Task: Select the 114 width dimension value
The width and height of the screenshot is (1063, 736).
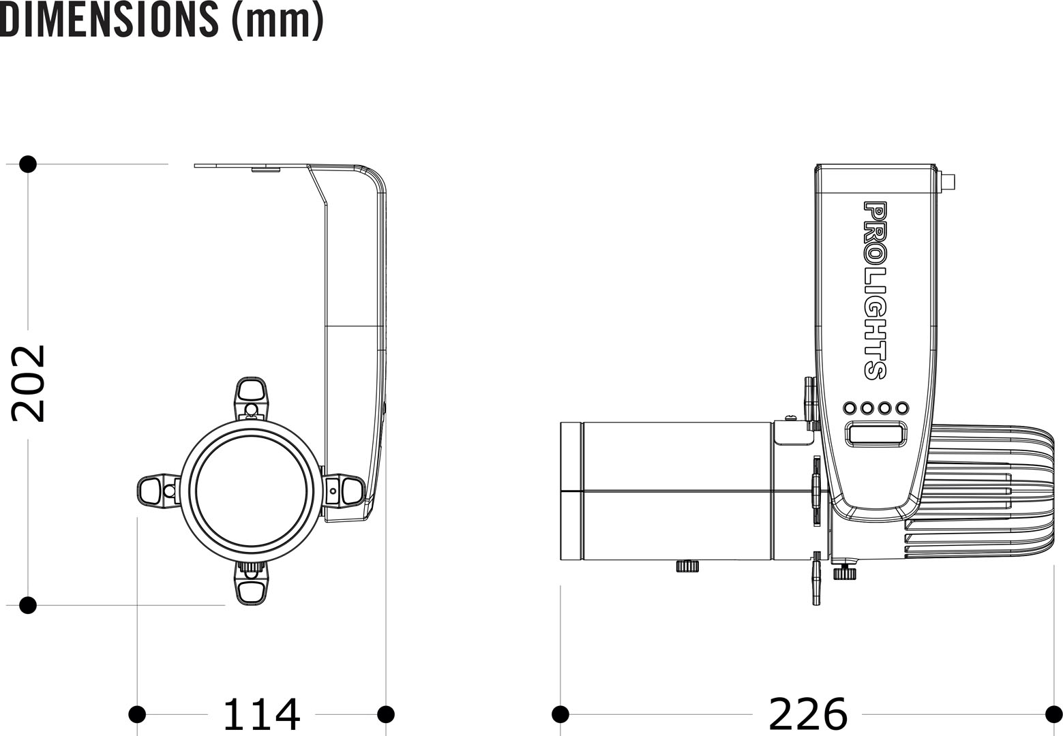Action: (261, 715)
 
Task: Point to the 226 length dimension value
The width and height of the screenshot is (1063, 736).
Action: (808, 715)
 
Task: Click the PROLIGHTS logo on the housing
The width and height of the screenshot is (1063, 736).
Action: (875, 290)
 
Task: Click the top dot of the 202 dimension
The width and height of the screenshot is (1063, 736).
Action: (28, 164)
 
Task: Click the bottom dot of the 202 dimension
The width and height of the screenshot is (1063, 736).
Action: (28, 605)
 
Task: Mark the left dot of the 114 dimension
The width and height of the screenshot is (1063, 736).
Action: (137, 714)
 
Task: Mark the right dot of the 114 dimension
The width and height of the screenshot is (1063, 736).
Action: (386, 714)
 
